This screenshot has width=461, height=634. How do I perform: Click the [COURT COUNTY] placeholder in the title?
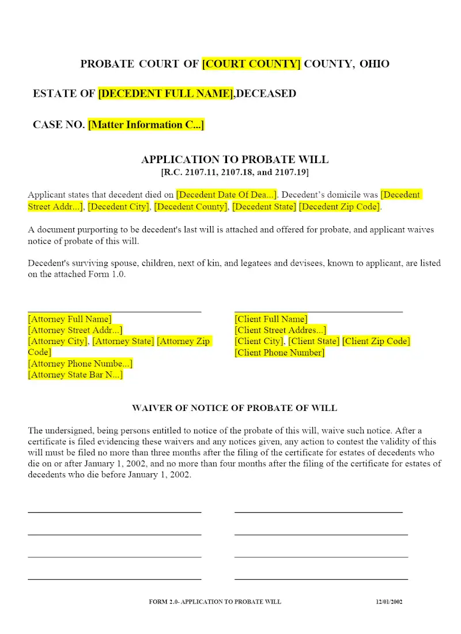251,64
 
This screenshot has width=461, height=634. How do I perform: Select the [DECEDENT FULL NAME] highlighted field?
166,93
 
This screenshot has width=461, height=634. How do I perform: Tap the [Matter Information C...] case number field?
146,124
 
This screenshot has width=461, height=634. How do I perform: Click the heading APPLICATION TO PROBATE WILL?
235,160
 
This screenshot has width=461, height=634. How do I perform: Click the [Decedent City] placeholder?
119,206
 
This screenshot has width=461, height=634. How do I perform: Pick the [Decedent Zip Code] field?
339,206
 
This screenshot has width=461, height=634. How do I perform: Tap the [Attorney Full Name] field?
70,319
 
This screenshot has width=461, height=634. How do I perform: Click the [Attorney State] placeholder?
123,341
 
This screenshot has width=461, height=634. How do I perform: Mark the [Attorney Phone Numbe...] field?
80,364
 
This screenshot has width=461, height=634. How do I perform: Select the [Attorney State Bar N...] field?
75,375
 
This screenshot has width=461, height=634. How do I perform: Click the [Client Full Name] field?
271,319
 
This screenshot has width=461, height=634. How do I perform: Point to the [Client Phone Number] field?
279,352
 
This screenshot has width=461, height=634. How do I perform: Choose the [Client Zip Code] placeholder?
376,341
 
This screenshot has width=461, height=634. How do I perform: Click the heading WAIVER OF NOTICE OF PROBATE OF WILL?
235,408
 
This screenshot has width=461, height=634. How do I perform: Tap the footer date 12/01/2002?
389,602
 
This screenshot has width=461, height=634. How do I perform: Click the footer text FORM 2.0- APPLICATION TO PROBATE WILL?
215,602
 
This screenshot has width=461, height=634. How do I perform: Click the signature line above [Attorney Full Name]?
115,312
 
